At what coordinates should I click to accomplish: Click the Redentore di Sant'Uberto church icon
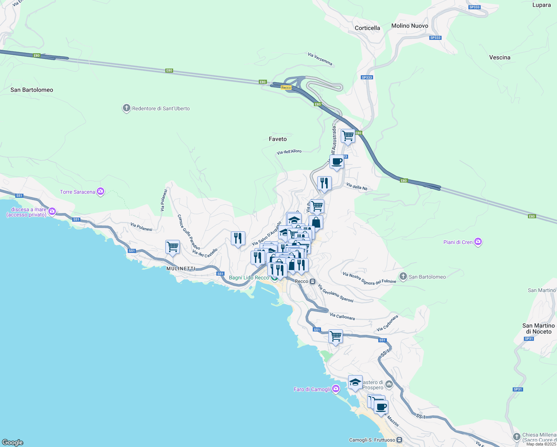click(126, 108)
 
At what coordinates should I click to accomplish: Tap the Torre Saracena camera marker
click(100, 192)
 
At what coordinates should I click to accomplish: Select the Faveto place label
click(278, 139)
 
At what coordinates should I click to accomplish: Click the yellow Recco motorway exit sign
click(286, 88)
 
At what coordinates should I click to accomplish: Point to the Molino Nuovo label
click(410, 26)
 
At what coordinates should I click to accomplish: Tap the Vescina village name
click(500, 57)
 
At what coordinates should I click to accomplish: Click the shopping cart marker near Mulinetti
click(172, 247)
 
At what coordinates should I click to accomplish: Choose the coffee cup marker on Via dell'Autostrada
click(337, 162)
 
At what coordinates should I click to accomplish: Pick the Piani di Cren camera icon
click(478, 242)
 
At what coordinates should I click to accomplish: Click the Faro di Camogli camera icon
click(336, 389)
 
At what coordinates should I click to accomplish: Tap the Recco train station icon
click(313, 281)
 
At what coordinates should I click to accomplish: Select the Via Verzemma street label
click(320, 59)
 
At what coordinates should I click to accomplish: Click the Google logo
click(13, 442)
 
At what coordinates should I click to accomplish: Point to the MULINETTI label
click(181, 269)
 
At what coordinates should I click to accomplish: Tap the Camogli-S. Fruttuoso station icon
click(400, 440)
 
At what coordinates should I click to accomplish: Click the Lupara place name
click(541, 5)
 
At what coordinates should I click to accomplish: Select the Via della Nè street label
click(357, 187)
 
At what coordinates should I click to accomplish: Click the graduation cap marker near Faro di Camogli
click(355, 382)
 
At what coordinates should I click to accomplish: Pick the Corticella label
click(367, 28)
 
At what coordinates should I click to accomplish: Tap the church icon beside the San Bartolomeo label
click(403, 276)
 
